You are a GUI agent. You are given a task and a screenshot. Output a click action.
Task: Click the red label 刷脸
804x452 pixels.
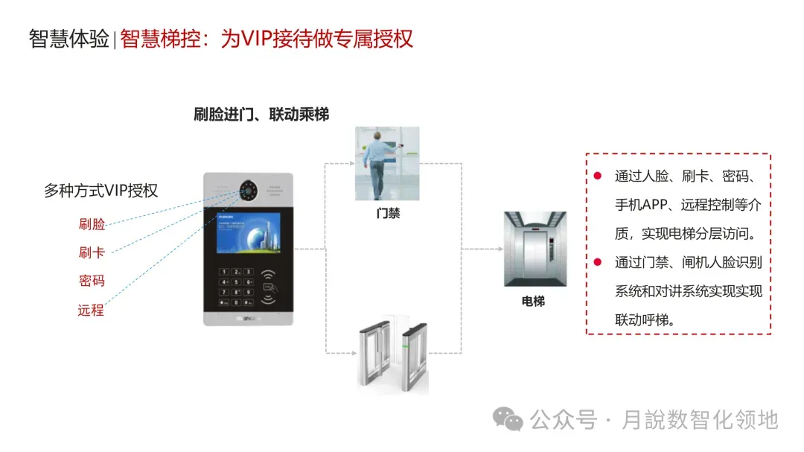(92, 224)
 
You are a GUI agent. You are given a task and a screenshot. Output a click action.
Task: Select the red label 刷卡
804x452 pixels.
(92, 252)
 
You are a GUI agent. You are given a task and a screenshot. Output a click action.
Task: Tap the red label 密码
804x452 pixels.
(92, 281)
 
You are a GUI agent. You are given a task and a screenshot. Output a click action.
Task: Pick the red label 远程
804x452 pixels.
(92, 310)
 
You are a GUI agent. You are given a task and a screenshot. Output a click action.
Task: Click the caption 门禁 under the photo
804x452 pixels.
(387, 213)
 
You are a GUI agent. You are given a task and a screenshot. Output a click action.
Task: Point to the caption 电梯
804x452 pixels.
(533, 302)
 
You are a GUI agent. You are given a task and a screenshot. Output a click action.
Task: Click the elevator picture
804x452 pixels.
(532, 249)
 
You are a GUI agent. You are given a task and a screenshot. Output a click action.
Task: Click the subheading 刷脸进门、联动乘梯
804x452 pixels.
(261, 114)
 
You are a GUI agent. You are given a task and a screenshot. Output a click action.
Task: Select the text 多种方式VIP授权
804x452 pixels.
(101, 191)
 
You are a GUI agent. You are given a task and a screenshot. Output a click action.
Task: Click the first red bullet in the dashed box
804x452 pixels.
(597, 176)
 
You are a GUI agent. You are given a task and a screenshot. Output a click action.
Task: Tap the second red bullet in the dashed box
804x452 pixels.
(597, 261)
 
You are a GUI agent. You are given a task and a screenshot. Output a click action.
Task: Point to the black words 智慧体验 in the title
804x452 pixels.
(68, 39)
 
